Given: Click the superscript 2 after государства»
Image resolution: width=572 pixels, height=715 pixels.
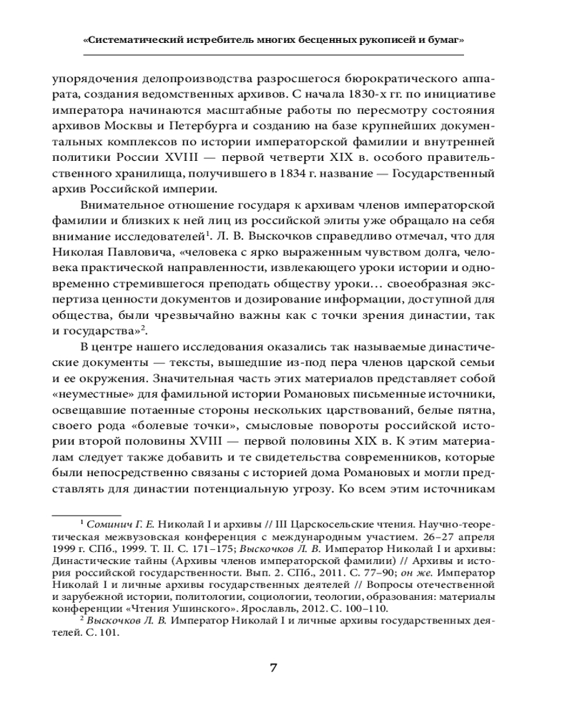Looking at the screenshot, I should (x=144, y=325).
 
